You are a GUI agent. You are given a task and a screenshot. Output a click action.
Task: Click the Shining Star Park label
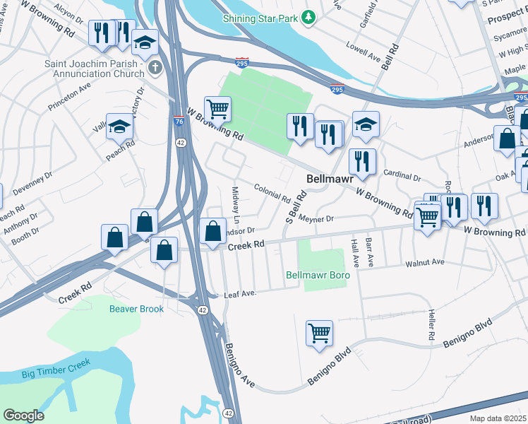[260, 17]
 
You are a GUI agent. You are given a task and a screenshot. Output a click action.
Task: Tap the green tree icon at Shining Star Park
[307, 16]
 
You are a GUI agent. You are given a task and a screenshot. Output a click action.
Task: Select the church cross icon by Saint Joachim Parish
[155, 68]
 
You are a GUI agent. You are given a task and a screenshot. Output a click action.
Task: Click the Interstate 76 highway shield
[178, 121]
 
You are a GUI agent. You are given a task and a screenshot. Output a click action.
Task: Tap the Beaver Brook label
[136, 309]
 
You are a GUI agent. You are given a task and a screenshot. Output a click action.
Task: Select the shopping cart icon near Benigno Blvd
[319, 333]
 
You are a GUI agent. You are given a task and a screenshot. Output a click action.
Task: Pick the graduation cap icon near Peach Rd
[120, 126]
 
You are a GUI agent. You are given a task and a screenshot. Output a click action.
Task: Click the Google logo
[23, 415]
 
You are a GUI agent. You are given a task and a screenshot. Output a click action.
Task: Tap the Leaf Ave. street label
[239, 294]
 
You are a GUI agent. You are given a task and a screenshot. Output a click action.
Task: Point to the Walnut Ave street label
[424, 262]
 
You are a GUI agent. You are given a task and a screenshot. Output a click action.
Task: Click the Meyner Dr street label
[315, 219]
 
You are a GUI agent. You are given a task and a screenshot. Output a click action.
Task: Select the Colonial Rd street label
[272, 192]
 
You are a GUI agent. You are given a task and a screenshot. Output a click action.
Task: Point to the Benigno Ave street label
[240, 365]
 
